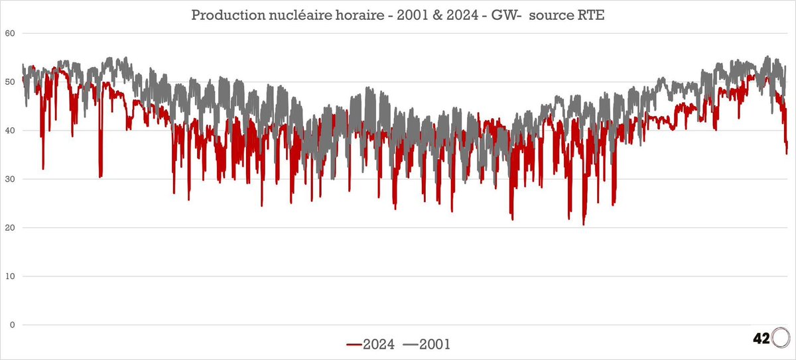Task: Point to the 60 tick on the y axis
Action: pos(11,34)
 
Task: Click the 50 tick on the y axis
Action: pos(11,82)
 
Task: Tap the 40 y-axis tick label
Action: pos(11,131)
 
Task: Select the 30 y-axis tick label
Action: pos(11,179)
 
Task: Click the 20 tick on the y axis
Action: pos(11,227)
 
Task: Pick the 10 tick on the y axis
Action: pos(11,276)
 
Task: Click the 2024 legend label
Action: pos(379,343)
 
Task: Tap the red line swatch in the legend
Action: pos(354,344)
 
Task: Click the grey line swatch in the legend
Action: pos(410,344)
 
